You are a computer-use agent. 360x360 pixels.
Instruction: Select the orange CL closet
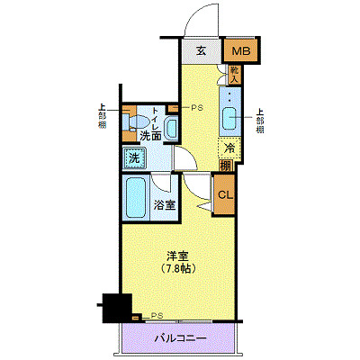(225, 192)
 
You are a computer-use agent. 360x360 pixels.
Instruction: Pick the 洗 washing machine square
(134, 157)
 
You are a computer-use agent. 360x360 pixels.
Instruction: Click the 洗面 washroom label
(150, 136)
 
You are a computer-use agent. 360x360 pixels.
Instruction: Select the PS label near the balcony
(157, 316)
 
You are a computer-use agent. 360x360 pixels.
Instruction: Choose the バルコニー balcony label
(180, 338)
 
